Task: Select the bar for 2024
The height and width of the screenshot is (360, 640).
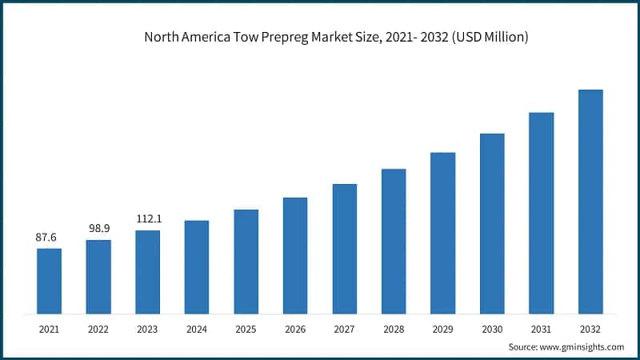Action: pos(197,266)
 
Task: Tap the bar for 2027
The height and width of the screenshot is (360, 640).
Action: pos(345,248)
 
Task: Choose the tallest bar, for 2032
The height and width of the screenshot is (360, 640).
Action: pos(590,201)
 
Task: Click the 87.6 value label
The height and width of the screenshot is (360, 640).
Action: pos(49,238)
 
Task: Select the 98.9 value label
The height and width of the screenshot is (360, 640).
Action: pos(98,229)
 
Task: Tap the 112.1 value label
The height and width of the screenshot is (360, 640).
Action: pos(147,219)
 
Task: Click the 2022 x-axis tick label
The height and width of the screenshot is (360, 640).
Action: pos(98,328)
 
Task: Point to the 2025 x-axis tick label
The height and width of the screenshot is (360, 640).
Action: pos(246,328)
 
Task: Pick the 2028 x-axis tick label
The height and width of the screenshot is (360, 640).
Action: pos(394,328)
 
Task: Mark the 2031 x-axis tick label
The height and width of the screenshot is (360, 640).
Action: pos(542,328)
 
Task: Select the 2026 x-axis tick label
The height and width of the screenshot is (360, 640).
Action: pos(295,328)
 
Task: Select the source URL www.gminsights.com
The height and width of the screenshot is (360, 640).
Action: pos(582,346)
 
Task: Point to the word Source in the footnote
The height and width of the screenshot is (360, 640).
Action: pos(523,346)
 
